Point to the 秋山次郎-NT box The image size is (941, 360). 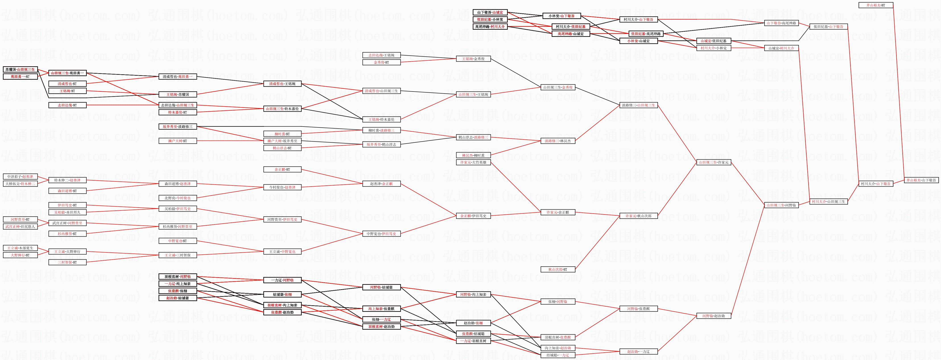558,269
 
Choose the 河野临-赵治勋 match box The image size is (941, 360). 713,316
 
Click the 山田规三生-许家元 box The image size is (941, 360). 713,162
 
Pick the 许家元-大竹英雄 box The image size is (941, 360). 473,162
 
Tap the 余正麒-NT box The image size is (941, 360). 282,170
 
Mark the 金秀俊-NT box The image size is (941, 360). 381,62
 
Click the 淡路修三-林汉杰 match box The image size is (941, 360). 558,141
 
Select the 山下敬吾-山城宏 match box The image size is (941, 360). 490,12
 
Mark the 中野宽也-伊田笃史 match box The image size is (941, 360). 381,233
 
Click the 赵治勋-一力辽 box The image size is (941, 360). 638,352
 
